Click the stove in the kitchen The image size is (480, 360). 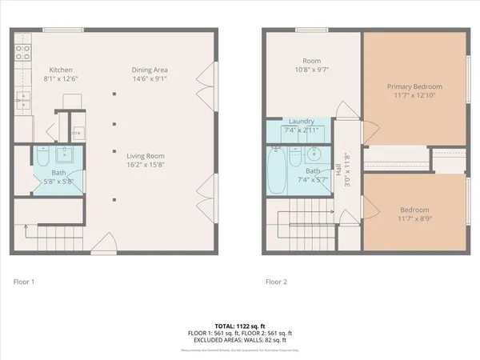(x=23, y=53)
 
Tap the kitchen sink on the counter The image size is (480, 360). (x=23, y=99)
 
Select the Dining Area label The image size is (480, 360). (x=150, y=70)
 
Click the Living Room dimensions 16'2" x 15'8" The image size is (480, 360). (x=150, y=166)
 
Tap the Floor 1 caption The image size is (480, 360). (x=24, y=282)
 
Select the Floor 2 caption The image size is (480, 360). (x=277, y=282)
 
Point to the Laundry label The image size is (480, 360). (x=301, y=120)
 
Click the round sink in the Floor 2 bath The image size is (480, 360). (x=315, y=154)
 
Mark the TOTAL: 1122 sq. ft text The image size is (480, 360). (x=239, y=326)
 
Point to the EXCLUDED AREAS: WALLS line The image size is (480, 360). (x=239, y=340)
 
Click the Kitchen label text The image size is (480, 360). (x=62, y=70)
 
